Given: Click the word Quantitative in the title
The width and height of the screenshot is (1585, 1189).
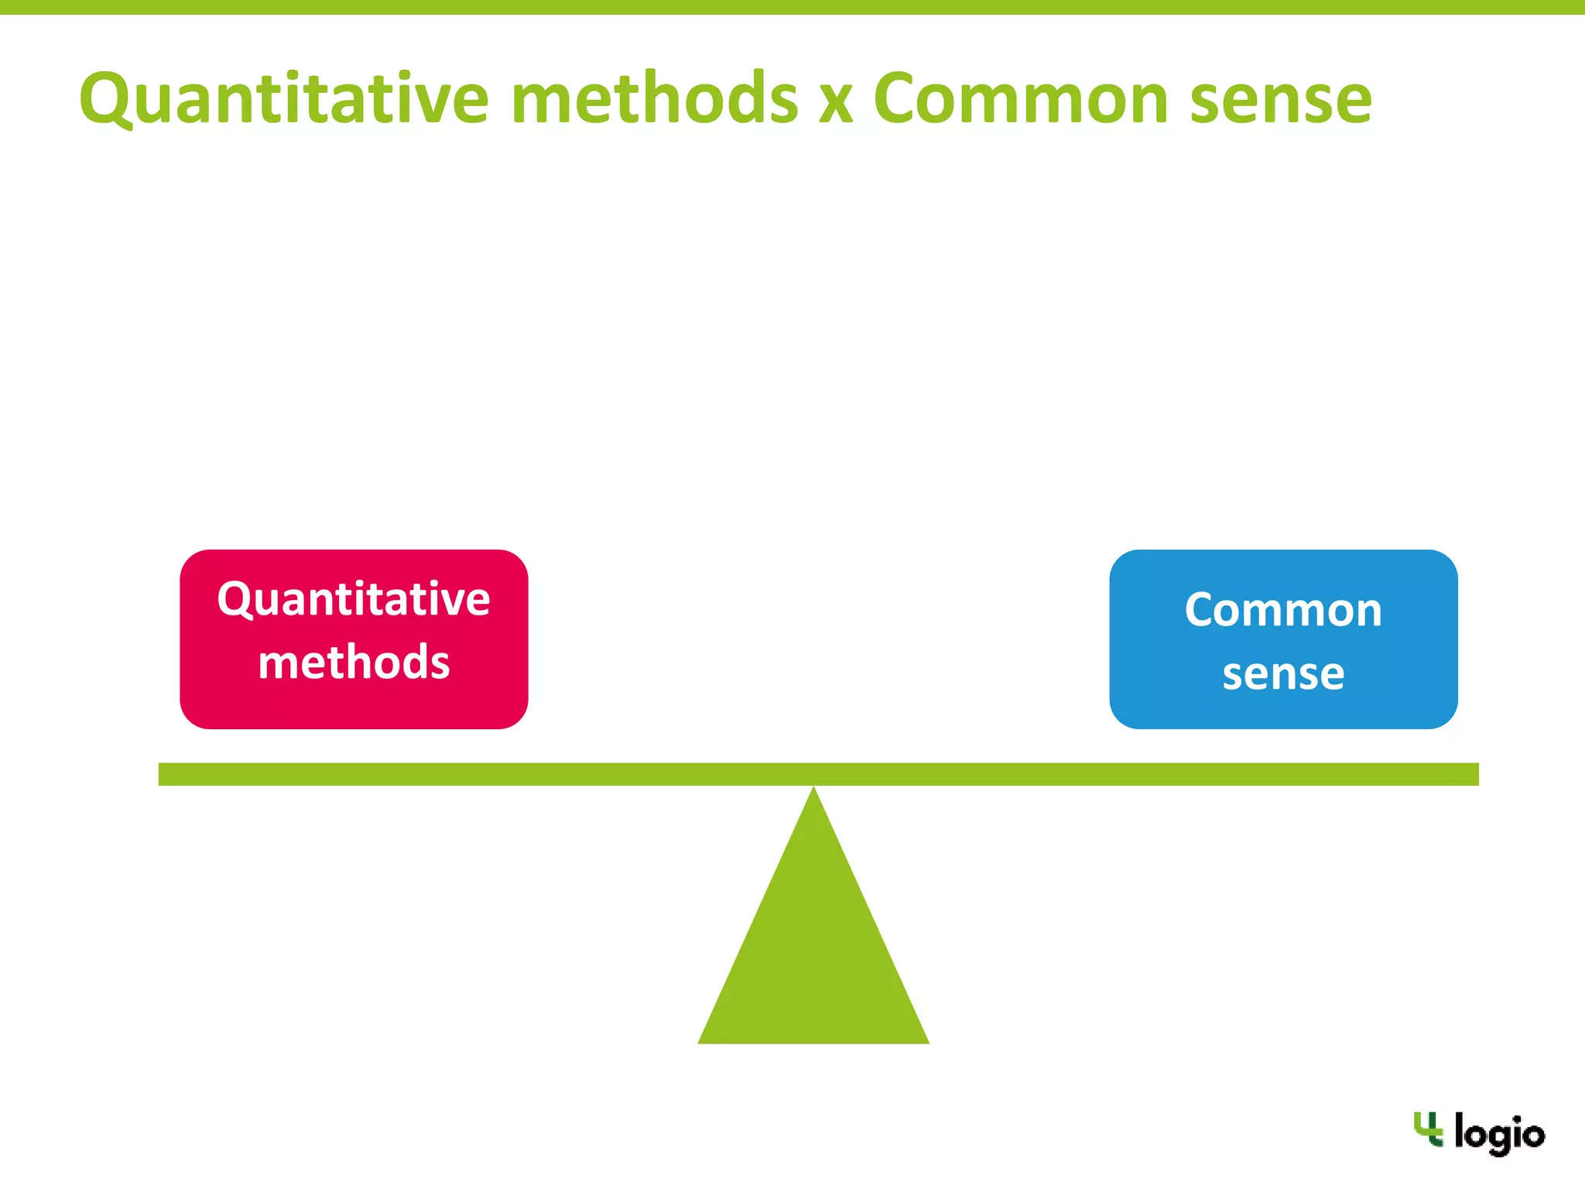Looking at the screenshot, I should [284, 99].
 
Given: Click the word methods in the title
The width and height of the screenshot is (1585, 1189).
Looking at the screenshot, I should [654, 99].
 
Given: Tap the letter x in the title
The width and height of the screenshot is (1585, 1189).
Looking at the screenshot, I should [836, 103].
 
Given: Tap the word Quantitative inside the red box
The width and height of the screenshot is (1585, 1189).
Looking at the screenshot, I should [354, 599].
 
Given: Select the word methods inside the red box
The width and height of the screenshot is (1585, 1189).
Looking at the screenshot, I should [354, 663].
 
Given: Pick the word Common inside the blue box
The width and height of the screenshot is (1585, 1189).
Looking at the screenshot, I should [1283, 610].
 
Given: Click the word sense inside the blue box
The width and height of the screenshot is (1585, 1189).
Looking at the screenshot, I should [1283, 673].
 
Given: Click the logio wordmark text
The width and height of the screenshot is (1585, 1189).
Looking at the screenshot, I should [1499, 1134].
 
